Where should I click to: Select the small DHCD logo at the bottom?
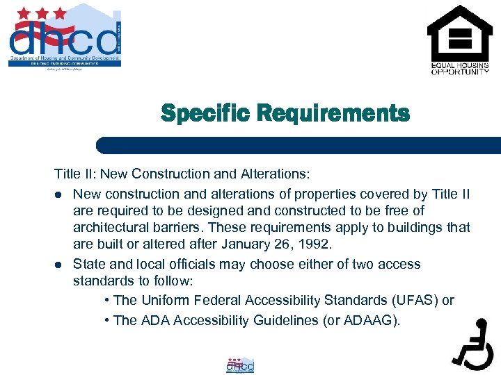[x=240, y=365]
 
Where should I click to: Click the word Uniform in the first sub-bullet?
[x=164, y=300]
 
